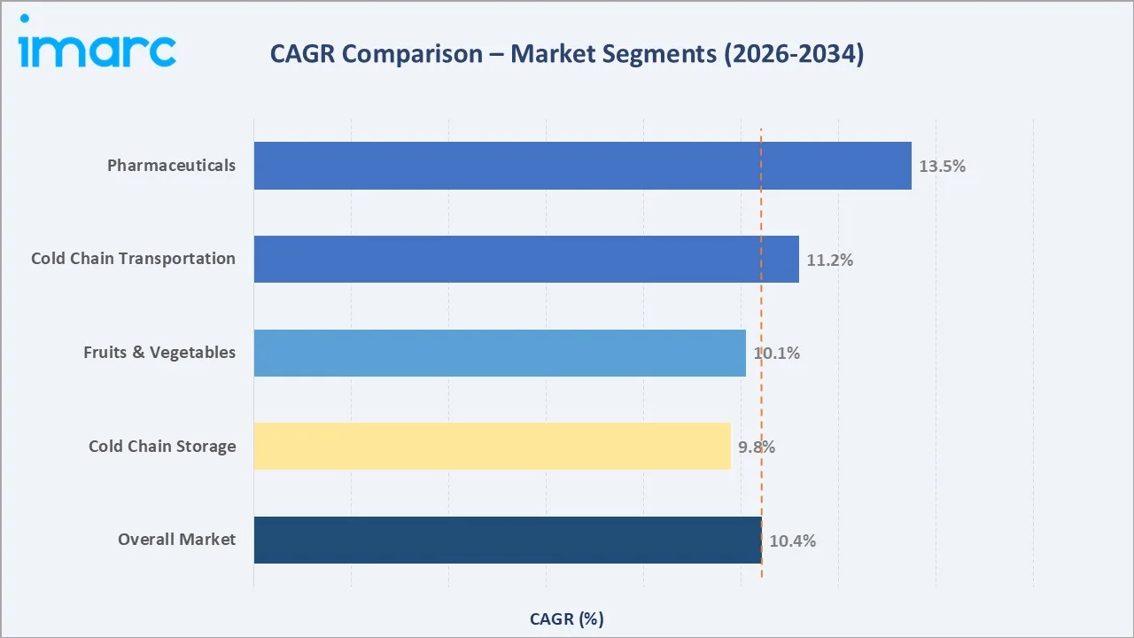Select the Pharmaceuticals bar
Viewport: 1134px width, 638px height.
tap(582, 166)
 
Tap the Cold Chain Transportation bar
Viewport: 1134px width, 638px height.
tap(526, 259)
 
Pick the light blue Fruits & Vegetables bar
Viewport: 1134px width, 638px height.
tap(500, 353)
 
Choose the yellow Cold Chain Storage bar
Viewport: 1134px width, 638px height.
tap(492, 446)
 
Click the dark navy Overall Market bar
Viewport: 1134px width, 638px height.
tap(507, 540)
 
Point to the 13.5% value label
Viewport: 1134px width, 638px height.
tap(942, 167)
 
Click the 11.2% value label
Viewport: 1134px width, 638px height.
tap(829, 261)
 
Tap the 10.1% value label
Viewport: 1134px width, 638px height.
tap(777, 354)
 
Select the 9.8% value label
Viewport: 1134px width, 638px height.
tap(757, 447)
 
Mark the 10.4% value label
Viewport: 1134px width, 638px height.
tap(792, 541)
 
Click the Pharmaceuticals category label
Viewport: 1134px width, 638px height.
tap(171, 166)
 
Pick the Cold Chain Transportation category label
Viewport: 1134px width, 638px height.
tap(133, 259)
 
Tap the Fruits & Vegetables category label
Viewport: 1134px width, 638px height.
tap(159, 353)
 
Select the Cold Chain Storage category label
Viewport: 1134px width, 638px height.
tap(162, 446)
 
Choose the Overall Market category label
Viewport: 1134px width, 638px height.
tap(176, 540)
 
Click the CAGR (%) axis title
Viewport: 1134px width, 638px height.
tap(566, 619)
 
